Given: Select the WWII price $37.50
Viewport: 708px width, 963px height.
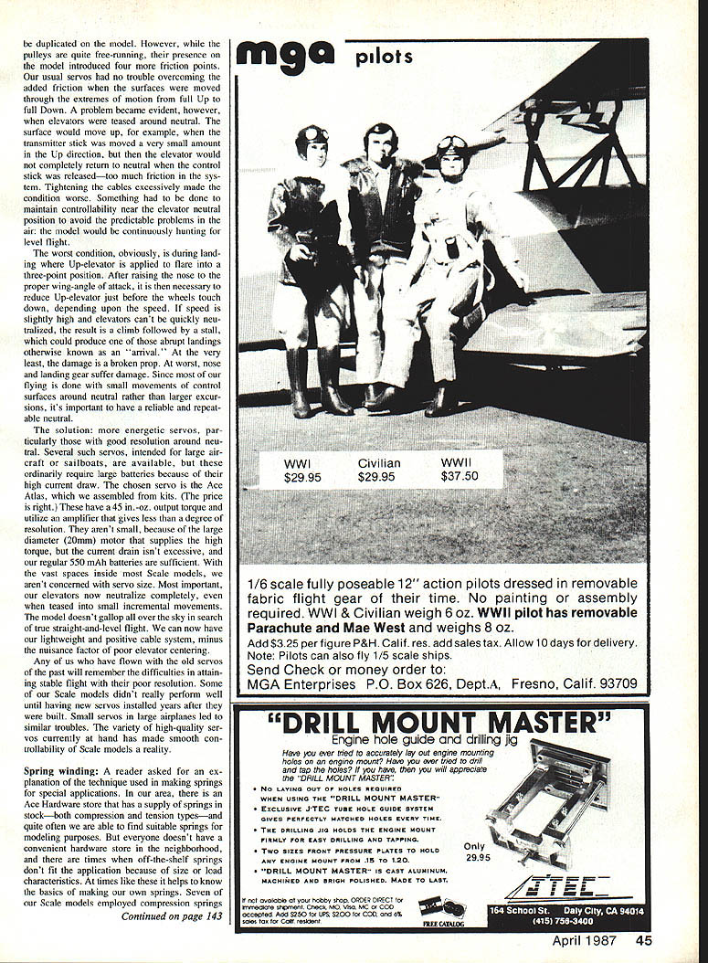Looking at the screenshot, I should (460, 476).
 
